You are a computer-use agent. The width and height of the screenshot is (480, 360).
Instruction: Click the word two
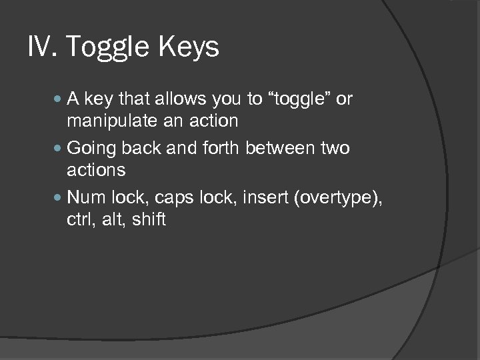335,147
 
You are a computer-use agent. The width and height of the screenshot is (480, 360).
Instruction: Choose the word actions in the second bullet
96,170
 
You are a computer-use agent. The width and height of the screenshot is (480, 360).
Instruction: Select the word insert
261,197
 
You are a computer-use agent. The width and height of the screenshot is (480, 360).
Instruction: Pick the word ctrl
81,219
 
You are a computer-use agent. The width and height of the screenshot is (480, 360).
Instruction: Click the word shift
149,219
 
